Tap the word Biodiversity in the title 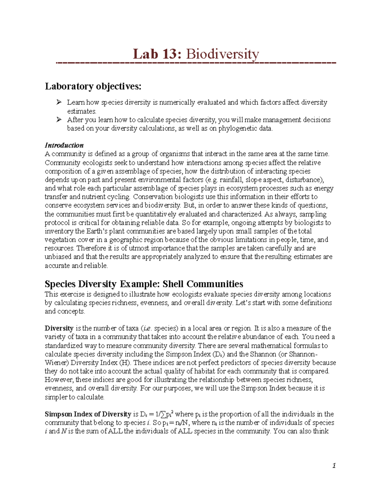click(222, 54)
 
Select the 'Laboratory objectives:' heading click(93, 86)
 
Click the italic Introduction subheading click(64, 145)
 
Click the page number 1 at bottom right click(334, 466)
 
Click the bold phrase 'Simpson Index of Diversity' click(88, 414)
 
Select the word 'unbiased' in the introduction click(58, 257)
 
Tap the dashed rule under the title click(196, 64)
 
